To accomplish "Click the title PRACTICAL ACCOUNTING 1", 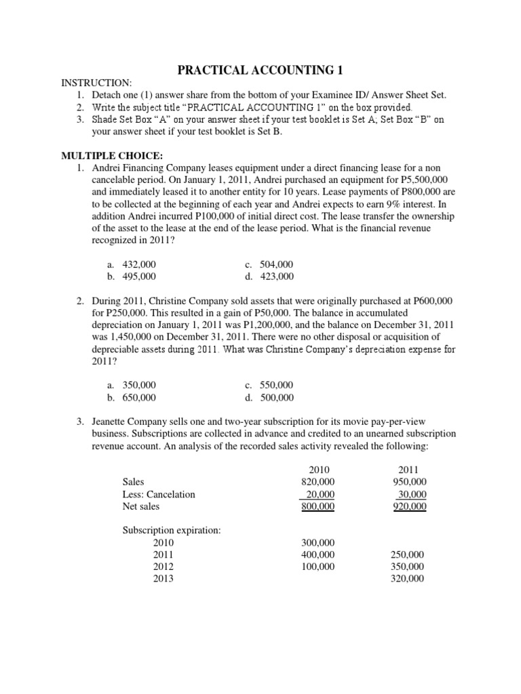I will tap(260, 70).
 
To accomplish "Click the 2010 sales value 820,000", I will tap(317, 482).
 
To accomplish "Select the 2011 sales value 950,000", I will tap(409, 482).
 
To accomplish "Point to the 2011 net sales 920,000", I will tap(409, 506).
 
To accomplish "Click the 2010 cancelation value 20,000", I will tap(320, 494).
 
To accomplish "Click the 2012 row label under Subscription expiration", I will tap(163, 567).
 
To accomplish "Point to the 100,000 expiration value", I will tap(317, 567).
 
